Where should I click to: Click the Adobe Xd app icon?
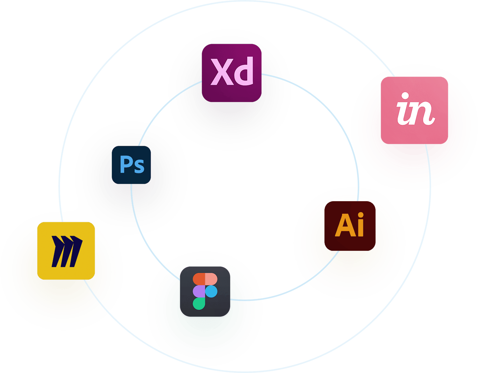231,73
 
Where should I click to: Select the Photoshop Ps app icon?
131,165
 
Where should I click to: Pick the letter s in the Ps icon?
139,167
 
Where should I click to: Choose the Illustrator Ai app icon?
350,226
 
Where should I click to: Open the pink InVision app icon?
414,110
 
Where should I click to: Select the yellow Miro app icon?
66,251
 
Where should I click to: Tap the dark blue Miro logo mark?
66,251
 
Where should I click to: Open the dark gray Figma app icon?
205,291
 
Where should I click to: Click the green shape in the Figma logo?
199,304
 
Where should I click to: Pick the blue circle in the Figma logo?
211,291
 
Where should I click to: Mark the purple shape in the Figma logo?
199,291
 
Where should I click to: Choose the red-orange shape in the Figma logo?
199,279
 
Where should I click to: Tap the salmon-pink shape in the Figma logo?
211,279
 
